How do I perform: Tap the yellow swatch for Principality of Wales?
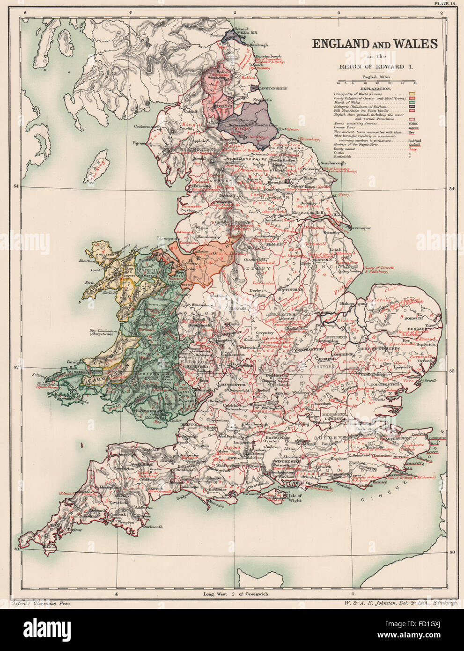click(412, 94)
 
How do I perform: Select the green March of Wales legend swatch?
click(412, 103)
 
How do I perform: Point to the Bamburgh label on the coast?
click(260, 45)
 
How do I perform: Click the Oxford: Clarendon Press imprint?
click(40, 604)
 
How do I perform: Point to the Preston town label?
click(187, 211)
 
